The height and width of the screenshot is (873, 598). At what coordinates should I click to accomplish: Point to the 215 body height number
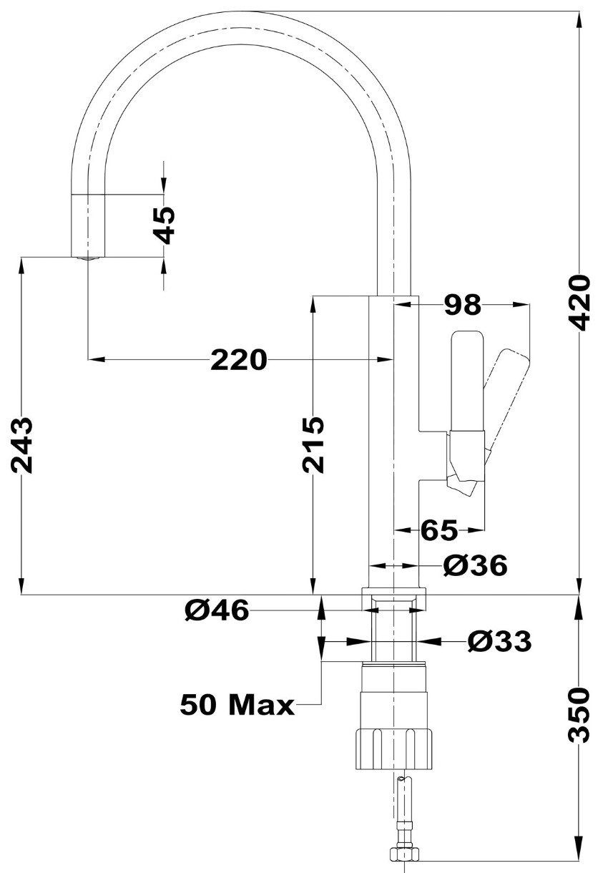313,444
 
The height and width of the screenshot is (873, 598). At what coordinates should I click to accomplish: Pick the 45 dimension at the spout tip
164,225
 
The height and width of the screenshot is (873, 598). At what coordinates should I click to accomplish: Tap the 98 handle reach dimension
463,304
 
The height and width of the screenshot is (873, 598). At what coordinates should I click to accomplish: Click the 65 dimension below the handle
438,530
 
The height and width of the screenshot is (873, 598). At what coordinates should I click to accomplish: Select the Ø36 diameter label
476,565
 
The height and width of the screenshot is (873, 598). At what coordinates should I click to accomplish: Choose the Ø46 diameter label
217,610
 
